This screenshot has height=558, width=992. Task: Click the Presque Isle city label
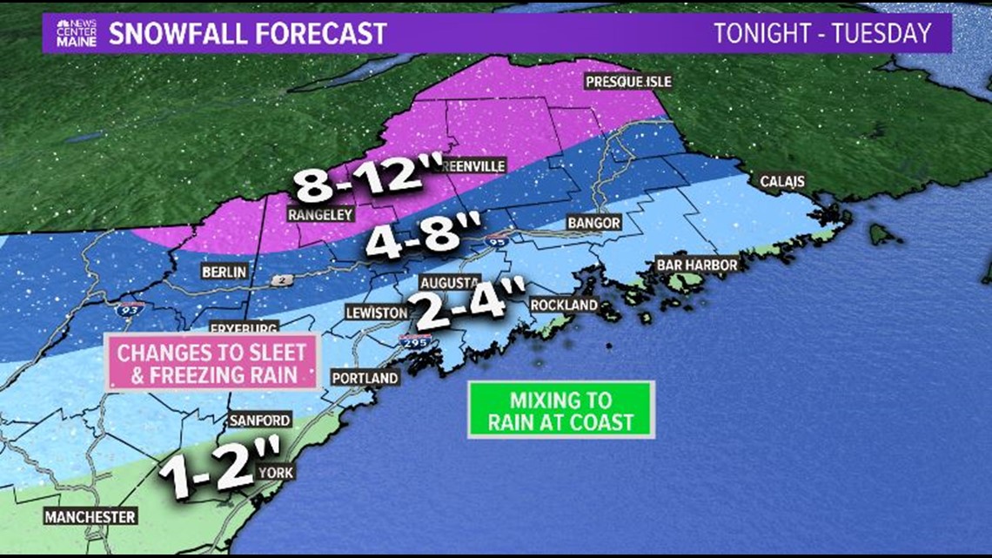[628, 82]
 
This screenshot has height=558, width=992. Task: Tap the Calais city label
[782, 181]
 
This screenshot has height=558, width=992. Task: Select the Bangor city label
[593, 223]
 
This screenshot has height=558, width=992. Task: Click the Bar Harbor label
[698, 265]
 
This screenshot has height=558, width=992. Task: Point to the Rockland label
[564, 305]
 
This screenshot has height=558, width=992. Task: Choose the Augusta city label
[449, 283]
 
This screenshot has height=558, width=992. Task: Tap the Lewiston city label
[376, 312]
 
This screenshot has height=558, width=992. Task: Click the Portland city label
[365, 378]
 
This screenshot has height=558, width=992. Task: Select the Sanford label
[259, 420]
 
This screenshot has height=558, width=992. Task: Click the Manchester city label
[91, 516]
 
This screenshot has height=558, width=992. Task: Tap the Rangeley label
[318, 212]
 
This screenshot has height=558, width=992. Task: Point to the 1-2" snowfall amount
[219, 467]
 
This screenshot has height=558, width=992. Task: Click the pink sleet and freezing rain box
[212, 364]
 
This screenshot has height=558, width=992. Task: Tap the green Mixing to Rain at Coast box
[560, 410]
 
